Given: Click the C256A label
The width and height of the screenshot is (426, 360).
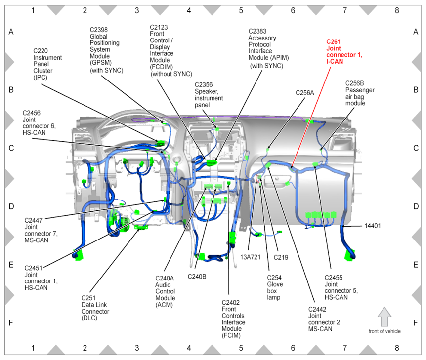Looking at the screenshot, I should pyautogui.click(x=305, y=92).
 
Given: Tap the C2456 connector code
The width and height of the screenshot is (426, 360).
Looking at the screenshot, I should pyautogui.click(x=33, y=113).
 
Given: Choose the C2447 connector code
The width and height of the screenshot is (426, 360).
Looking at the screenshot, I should pyautogui.click(x=35, y=220).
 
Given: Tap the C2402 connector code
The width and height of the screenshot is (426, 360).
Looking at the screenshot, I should pyautogui.click(x=230, y=302).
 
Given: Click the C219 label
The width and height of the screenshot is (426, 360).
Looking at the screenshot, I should pyautogui.click(x=281, y=257).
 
